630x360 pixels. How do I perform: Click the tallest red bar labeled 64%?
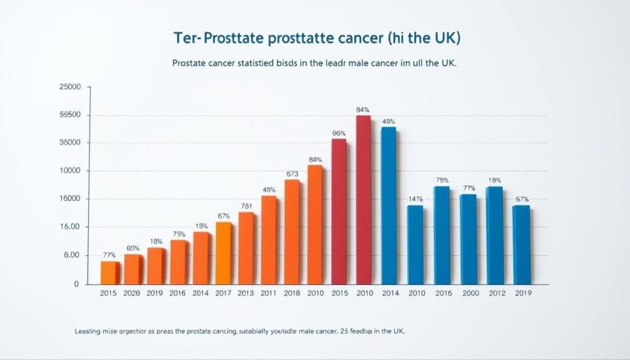(x=364, y=200)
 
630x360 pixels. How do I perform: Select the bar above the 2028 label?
(x=133, y=269)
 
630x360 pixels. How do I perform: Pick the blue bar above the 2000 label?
(x=468, y=239)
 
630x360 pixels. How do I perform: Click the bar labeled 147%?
(x=415, y=245)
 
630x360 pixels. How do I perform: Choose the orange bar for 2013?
(x=246, y=248)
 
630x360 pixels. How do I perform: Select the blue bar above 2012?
(x=495, y=236)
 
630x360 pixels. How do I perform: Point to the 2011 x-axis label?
(x=269, y=294)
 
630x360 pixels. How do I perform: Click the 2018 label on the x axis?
(x=292, y=294)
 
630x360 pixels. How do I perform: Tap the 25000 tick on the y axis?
(x=70, y=87)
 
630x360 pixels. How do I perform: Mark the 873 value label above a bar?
(x=292, y=174)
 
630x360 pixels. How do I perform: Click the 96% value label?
(x=338, y=133)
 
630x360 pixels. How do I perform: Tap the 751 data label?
(x=246, y=206)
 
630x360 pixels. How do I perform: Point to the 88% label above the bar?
(x=315, y=159)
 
